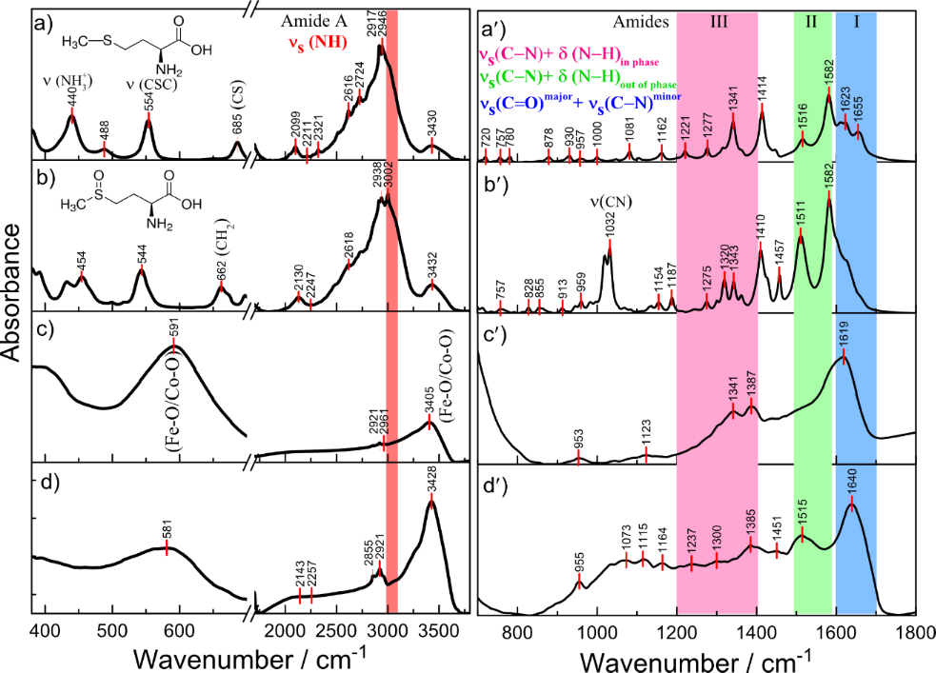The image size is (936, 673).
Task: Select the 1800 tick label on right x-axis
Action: click(x=916, y=634)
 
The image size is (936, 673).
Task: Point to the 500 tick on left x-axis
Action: click(x=112, y=634)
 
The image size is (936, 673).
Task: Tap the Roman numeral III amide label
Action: click(x=719, y=21)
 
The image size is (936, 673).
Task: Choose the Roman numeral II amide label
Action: click(x=811, y=21)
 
